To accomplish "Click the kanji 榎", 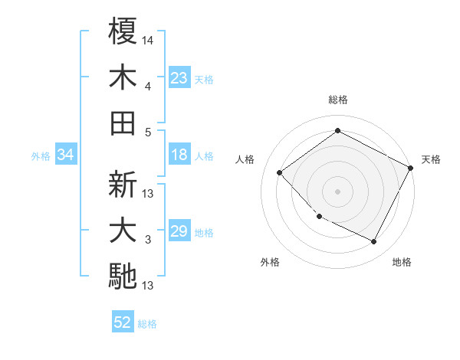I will [123, 31].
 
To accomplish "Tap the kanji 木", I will [123, 78].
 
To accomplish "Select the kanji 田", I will [123, 123].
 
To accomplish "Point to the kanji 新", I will [123, 185].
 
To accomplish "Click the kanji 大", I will [123, 231].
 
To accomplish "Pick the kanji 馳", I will [123, 276].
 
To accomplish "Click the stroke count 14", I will [148, 39].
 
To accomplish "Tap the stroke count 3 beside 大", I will [148, 240].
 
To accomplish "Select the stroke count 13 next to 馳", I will [148, 286].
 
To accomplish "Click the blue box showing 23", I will [179, 78].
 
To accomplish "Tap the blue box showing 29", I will [179, 232].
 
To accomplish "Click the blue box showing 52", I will [123, 322].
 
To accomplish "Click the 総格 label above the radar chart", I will [338, 100].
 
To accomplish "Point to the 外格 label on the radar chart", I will [270, 262].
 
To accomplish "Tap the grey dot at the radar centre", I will [337, 191].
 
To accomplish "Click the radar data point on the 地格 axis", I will [374, 242].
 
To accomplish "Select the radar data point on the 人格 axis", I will [280, 172].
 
